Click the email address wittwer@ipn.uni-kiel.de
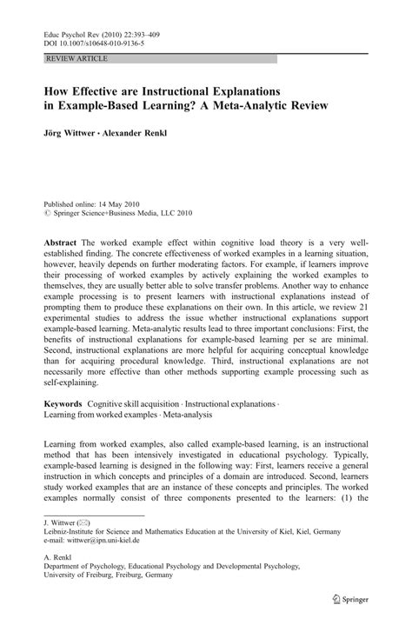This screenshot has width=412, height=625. [x=116, y=541]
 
